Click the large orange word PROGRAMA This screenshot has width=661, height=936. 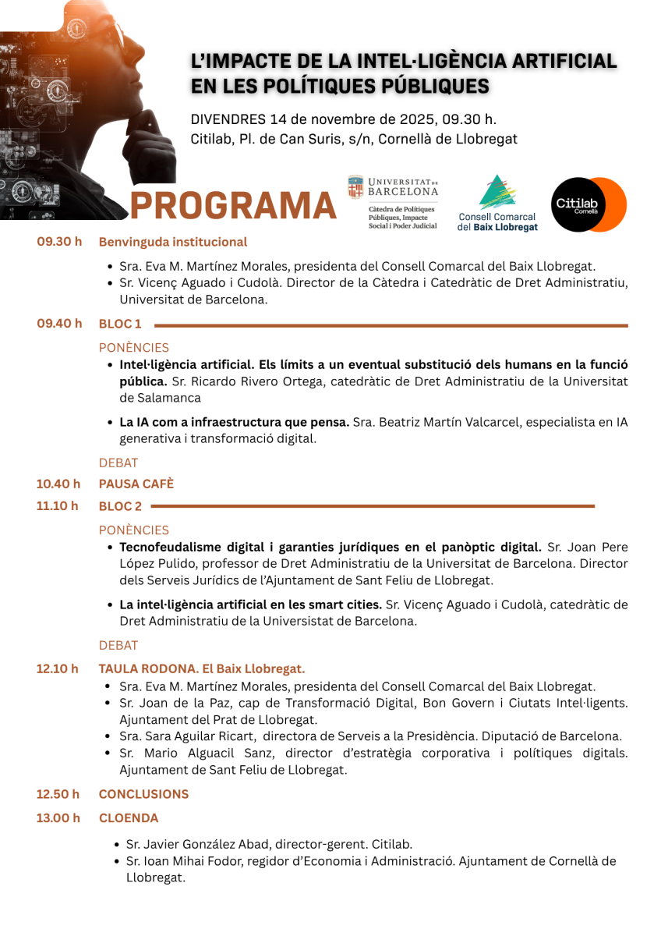click(232, 205)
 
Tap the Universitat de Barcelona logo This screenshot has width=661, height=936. click(393, 201)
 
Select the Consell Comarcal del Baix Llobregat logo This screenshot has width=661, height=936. click(497, 203)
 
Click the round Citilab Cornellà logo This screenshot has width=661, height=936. click(589, 204)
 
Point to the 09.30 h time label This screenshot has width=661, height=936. click(59, 241)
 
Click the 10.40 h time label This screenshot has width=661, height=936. click(58, 484)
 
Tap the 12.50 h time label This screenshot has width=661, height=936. click(58, 794)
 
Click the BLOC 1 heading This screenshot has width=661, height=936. click(120, 324)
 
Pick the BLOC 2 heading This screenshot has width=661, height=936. click(120, 506)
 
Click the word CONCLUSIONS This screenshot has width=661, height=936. click(143, 794)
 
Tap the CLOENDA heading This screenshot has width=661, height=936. click(129, 818)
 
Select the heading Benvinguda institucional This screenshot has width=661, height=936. click(173, 242)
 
